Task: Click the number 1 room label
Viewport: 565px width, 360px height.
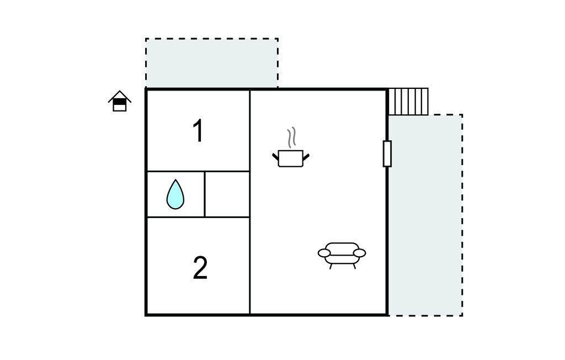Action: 198,130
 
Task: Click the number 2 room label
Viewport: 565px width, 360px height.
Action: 200,268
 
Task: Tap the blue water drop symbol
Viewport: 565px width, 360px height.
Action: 175,194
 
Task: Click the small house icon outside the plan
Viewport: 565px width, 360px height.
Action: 120,101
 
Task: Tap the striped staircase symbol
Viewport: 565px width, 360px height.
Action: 408,102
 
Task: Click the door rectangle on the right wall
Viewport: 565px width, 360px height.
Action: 387,153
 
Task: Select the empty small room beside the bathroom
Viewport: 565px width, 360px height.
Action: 227,194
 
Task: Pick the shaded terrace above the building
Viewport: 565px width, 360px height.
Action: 212,63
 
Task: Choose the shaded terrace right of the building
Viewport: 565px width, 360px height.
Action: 425,215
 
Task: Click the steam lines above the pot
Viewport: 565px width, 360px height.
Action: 291,137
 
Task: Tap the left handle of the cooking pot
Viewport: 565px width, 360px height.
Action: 275,157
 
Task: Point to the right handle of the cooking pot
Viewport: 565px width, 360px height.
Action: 306,157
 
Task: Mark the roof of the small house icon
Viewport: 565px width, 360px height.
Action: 120,96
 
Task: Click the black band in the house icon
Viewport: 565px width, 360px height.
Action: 120,102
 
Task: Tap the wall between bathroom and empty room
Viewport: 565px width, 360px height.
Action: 205,194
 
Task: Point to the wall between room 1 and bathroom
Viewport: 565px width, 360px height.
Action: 198,171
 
